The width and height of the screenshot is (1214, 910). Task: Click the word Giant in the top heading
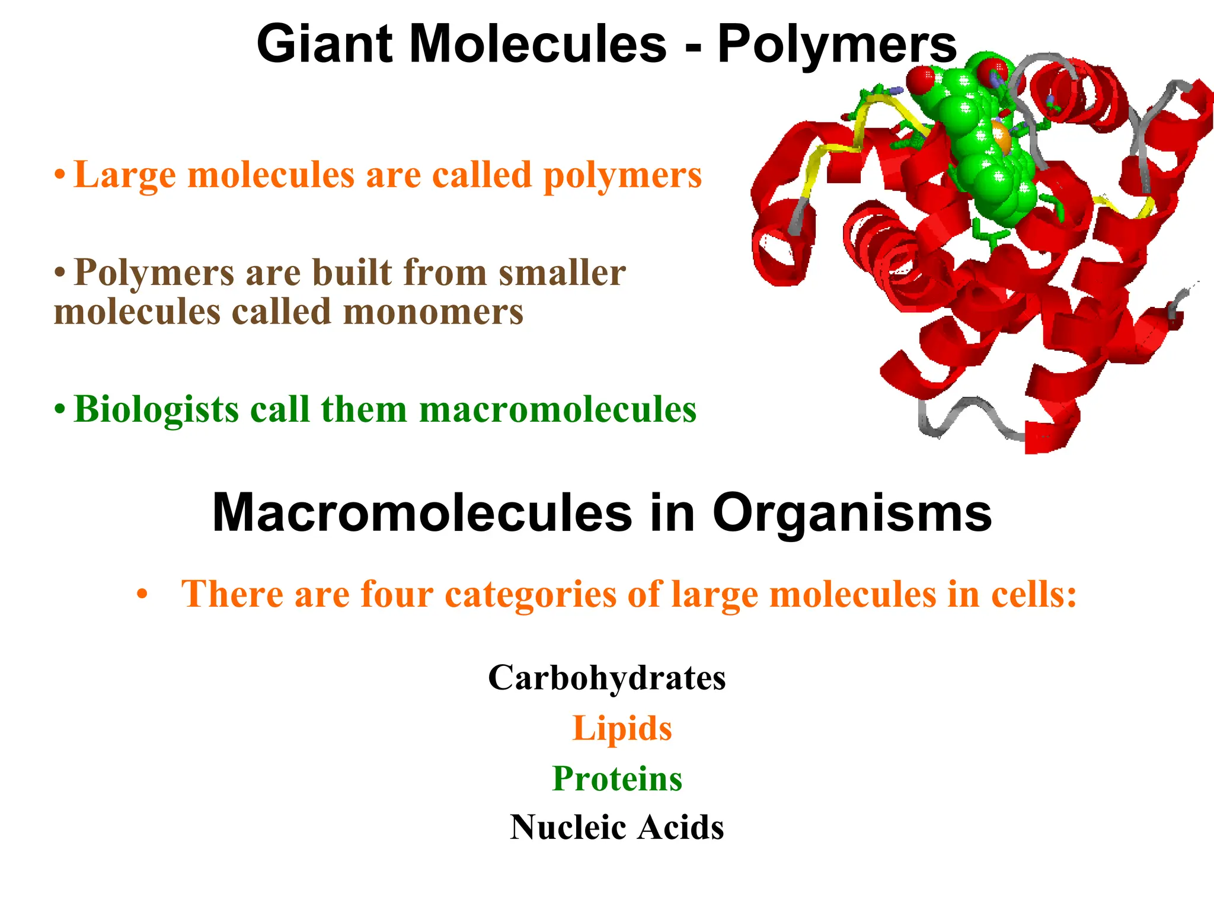point(324,44)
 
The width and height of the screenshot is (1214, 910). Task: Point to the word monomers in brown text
point(433,312)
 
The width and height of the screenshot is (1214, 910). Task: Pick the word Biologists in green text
point(155,410)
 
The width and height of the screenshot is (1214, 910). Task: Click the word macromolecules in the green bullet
point(558,410)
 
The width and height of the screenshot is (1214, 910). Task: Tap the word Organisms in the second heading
point(852,514)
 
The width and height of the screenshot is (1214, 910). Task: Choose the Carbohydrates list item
point(607,678)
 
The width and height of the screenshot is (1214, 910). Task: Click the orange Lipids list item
point(622,728)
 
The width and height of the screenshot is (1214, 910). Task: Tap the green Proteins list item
point(617,778)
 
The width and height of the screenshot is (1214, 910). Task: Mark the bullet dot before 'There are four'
point(141,594)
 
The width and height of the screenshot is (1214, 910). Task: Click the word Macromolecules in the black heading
point(422,514)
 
